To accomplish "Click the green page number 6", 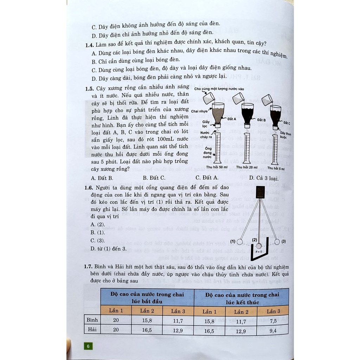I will tap(88, 346).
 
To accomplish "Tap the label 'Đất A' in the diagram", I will tap(232, 120).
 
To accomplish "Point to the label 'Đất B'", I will tap(261, 120).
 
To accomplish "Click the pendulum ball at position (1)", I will tap(239, 242).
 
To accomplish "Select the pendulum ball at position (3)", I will tap(277, 242).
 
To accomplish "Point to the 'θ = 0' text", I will tap(259, 252).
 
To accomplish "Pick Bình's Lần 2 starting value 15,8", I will tap(147, 320).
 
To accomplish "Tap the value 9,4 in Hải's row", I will tap(273, 330).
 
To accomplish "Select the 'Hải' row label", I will tap(92, 329).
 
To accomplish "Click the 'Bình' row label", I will tap(92, 320).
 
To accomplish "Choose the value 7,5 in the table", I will tap(273, 320).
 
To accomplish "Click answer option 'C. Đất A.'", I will tap(207, 178).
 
